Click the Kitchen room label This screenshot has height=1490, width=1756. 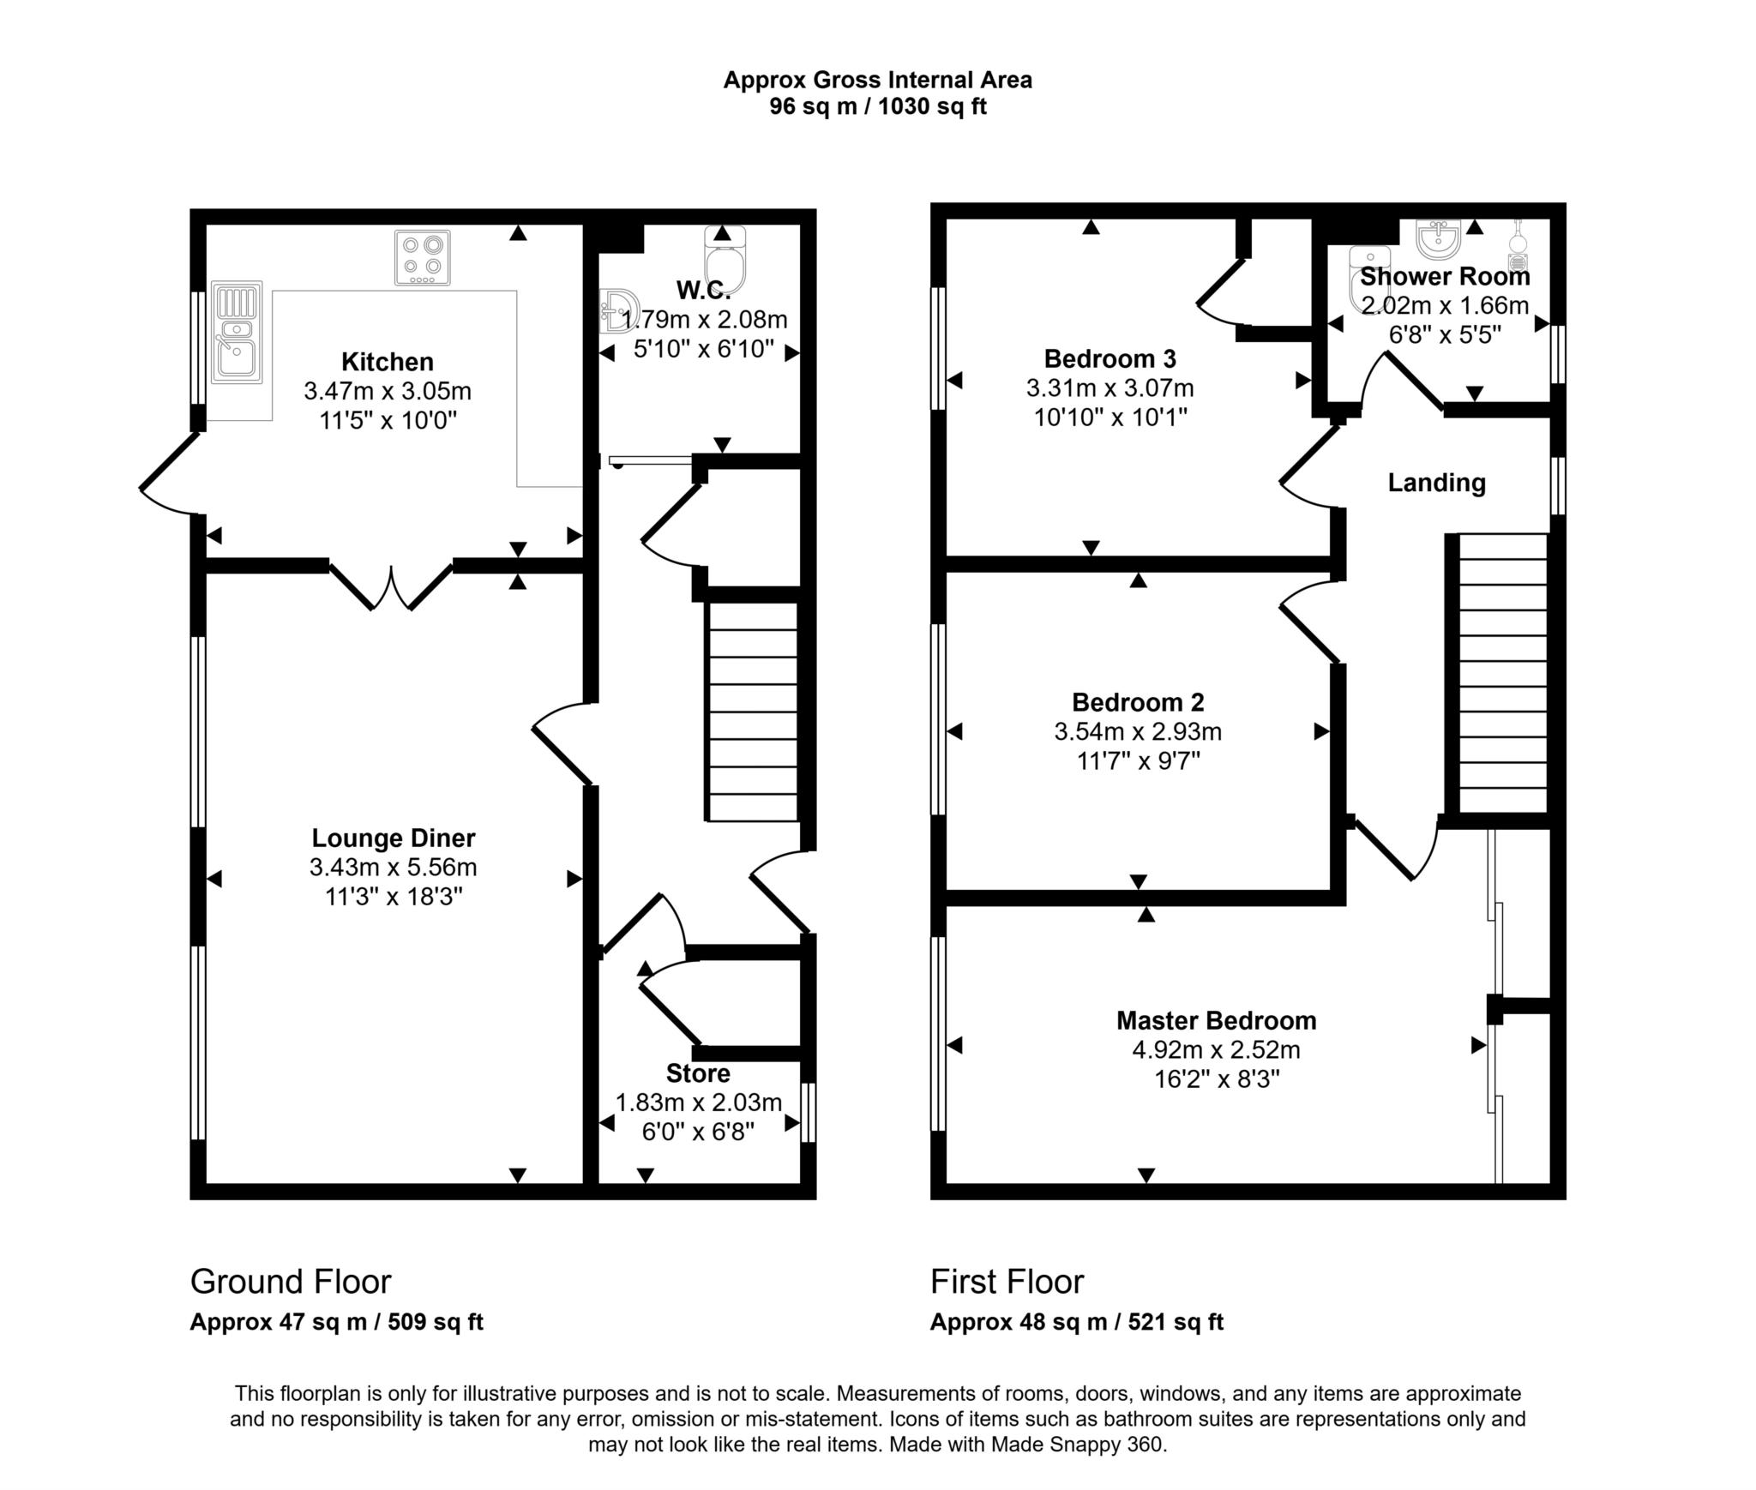coord(387,361)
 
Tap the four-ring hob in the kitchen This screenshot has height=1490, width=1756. coord(422,257)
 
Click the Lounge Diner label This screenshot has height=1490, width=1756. coord(393,838)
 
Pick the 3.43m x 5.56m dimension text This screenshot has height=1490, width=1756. coord(393,867)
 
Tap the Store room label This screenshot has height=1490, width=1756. coord(698,1073)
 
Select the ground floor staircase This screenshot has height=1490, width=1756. coord(751,712)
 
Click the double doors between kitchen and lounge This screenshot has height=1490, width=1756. coord(391,586)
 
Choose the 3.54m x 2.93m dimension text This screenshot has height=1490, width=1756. coord(1138,731)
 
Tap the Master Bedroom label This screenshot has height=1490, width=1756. coord(1216,1020)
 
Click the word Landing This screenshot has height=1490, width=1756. coord(1436,483)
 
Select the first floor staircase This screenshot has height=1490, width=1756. coord(1502,673)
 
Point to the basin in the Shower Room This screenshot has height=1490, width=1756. coord(1438,238)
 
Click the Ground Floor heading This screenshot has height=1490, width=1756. coord(290,1282)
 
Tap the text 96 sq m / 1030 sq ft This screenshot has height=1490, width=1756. coord(877,107)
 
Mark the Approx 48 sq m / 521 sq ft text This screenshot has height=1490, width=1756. coord(1076,1322)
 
